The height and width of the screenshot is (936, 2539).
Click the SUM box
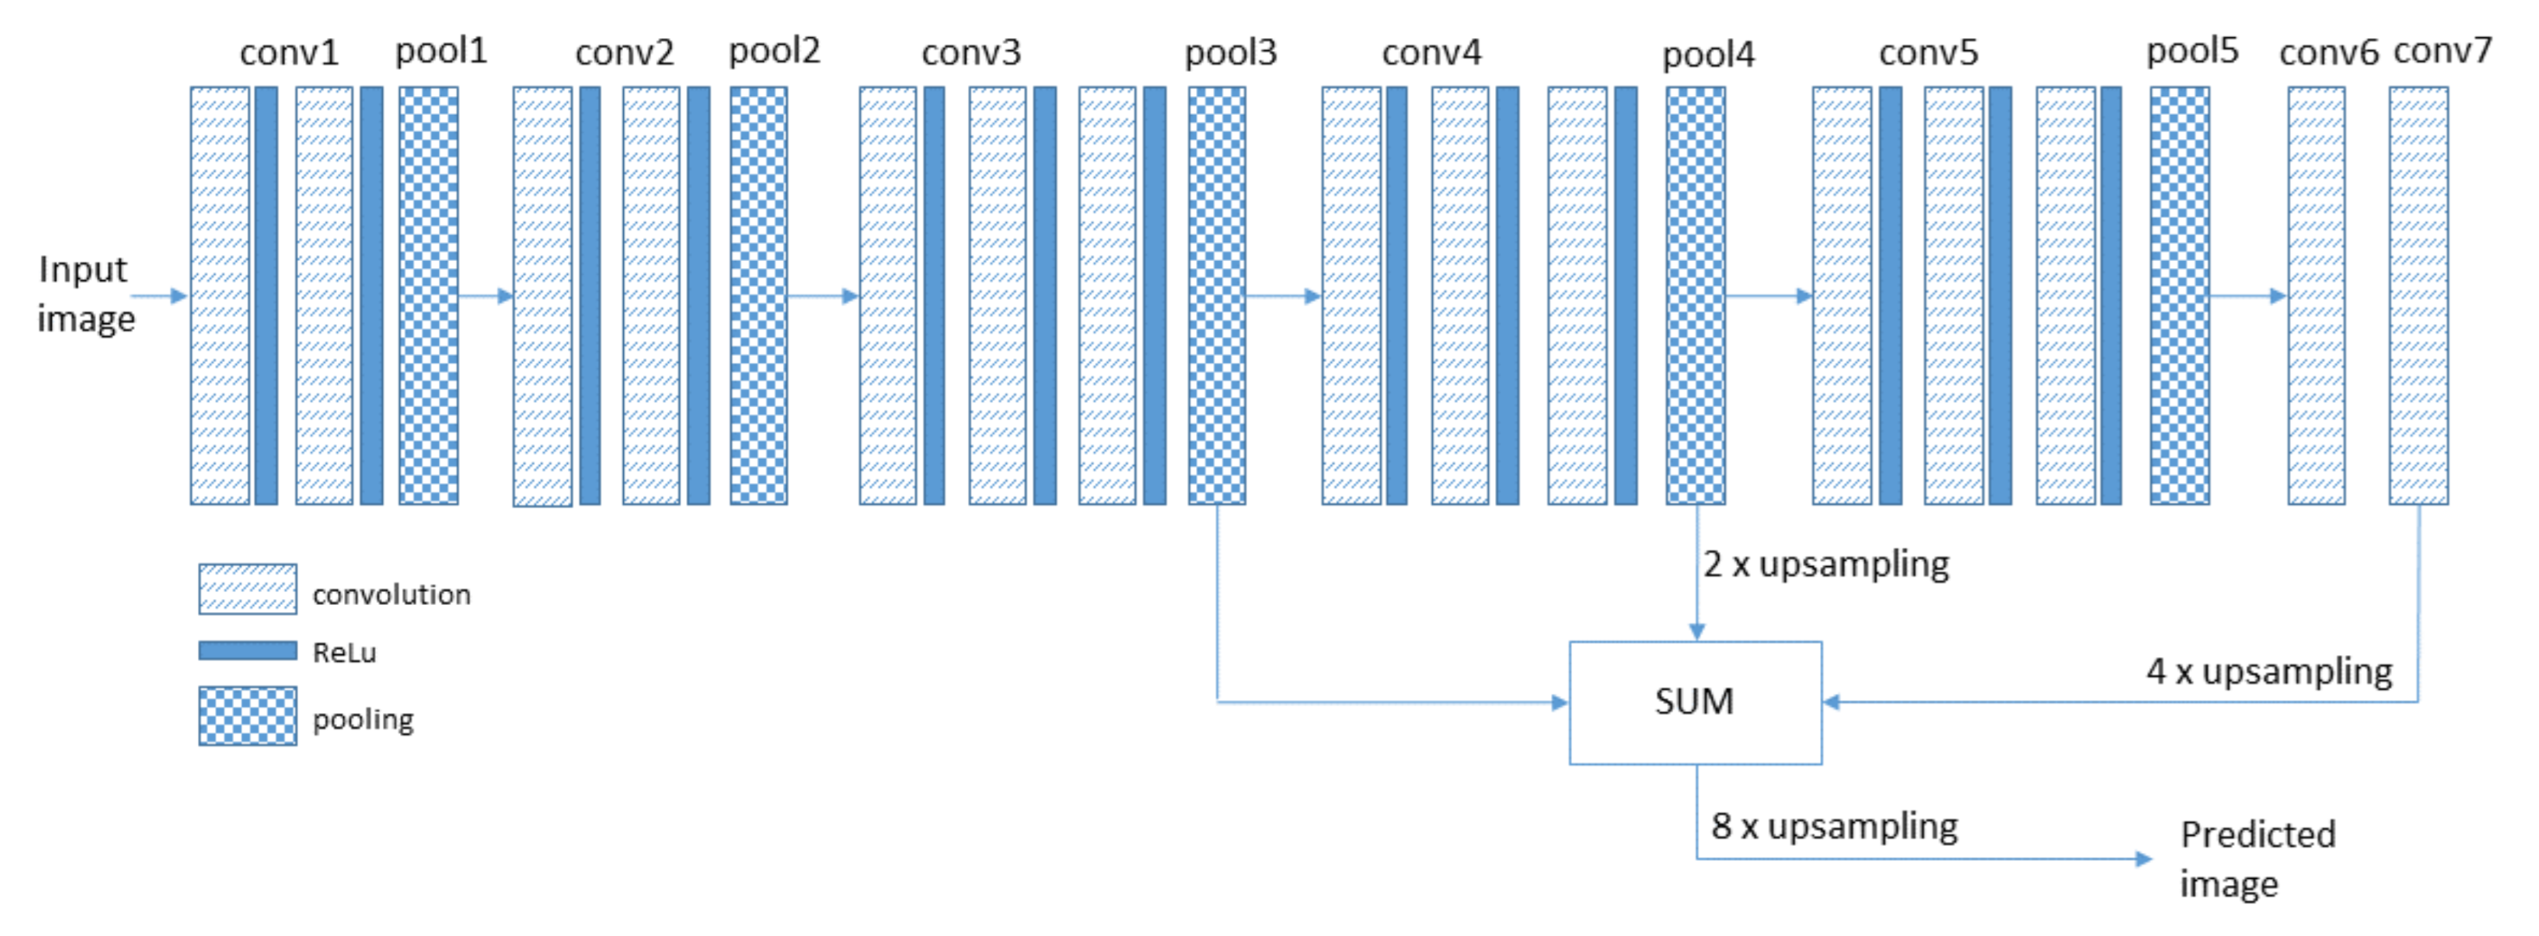(1694, 702)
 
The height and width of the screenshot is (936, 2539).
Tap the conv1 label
(289, 52)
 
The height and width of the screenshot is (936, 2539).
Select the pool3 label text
(1230, 52)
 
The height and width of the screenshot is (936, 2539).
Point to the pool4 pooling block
(1695, 296)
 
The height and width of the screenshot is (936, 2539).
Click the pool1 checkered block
(429, 296)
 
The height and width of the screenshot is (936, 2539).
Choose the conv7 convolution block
(2417, 296)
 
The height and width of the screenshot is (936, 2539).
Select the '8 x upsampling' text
(1833, 827)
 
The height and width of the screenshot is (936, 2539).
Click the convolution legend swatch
(247, 589)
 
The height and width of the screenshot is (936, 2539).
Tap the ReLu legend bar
(247, 650)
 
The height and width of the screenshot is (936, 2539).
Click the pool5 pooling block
(2179, 296)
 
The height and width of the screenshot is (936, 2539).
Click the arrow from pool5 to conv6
(2247, 296)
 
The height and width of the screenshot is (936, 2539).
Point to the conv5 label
(1928, 52)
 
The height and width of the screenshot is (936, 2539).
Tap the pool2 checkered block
(758, 296)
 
